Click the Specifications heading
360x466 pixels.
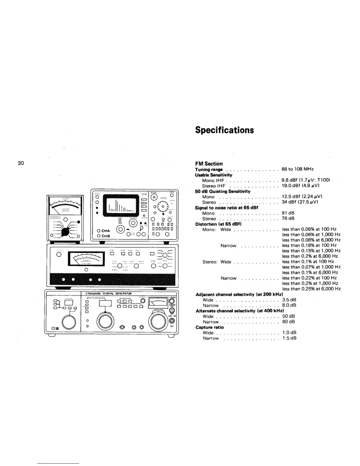[x=224, y=130]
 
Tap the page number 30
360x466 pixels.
[x=21, y=163]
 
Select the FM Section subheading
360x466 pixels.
[x=209, y=164]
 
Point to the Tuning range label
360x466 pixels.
[x=209, y=169]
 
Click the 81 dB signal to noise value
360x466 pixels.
[x=288, y=213]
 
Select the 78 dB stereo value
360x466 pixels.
[x=288, y=219]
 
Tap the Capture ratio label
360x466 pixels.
[x=209, y=327]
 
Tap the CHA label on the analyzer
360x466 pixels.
[x=105, y=231]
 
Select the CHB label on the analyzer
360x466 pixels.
[x=105, y=236]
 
